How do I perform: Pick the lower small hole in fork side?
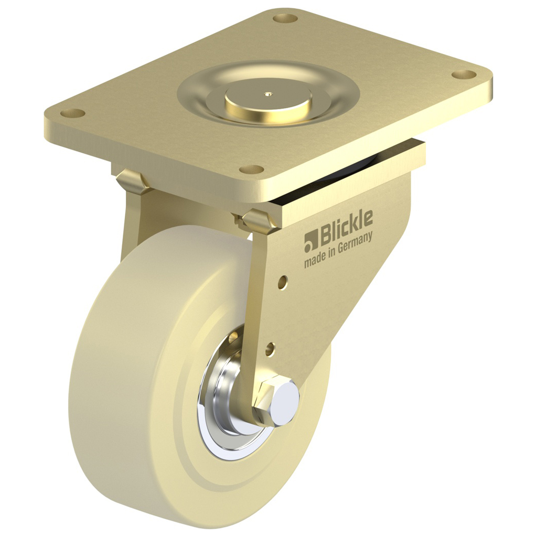pos(270,347)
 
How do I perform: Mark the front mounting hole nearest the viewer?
pos(252,169)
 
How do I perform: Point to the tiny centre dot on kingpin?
pos(269,95)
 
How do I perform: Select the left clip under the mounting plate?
pos(131,181)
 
